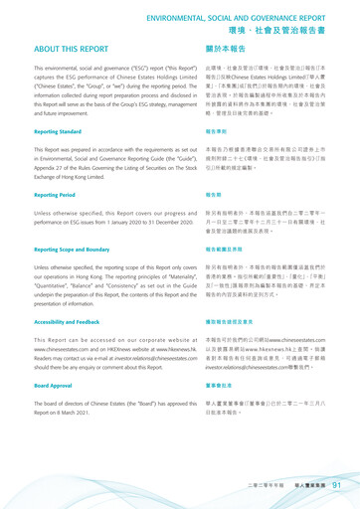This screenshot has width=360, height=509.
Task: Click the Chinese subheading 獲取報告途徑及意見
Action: click(216, 323)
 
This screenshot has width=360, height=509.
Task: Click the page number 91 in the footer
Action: click(338, 485)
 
